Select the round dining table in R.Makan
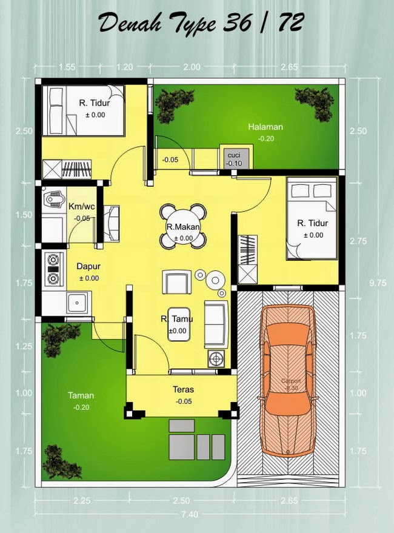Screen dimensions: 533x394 coord(182,226)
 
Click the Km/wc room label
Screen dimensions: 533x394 coord(81,206)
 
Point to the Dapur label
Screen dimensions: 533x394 coord(88,266)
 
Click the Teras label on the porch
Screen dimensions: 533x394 coord(182,390)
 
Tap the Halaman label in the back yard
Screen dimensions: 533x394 coord(265,127)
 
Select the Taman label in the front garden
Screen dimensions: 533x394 coord(81,395)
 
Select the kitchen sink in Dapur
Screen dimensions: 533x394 coord(78,301)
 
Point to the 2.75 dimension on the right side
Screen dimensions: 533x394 coord(359,241)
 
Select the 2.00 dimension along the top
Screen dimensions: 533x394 coord(192,67)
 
